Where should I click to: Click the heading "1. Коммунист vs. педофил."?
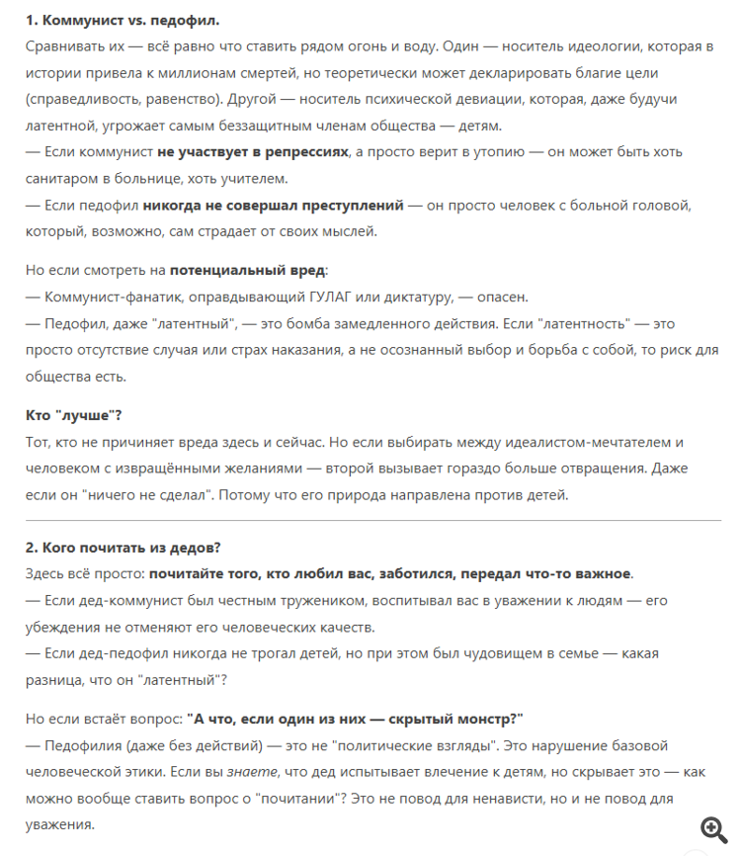(x=123, y=20)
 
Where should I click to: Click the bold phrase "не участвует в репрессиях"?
(x=253, y=152)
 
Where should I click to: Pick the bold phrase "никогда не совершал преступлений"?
(x=274, y=205)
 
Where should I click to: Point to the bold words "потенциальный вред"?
(x=246, y=270)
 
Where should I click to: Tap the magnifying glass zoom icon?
(x=713, y=828)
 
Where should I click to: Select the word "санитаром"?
(x=65, y=178)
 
